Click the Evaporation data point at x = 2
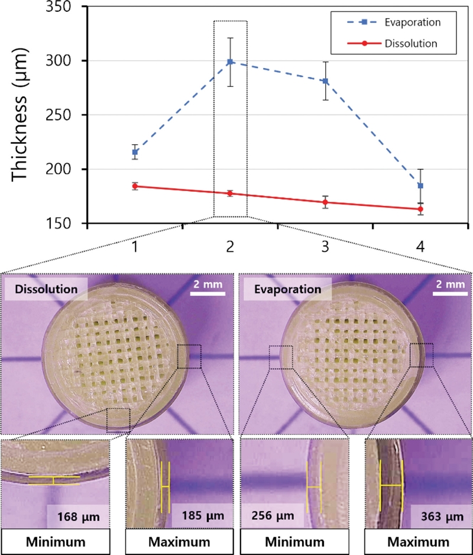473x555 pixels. pos(230,62)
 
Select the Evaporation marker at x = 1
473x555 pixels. pos(135,152)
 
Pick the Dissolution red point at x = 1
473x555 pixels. pos(135,186)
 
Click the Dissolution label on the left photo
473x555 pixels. pos(45,290)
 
